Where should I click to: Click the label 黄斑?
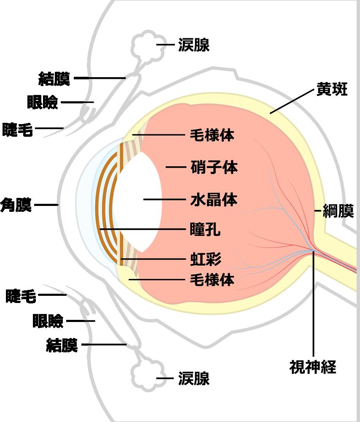[332, 89]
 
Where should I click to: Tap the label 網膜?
[338, 211]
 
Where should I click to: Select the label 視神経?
[313, 367]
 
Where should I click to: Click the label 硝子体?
[214, 167]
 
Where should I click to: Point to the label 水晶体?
[214, 200]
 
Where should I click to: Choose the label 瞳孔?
[205, 229]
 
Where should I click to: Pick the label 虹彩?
[206, 259]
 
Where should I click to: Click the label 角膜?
[16, 205]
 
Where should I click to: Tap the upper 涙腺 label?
[194, 45]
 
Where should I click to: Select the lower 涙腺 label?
[194, 379]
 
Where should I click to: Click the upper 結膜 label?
[54, 78]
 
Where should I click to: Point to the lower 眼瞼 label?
[48, 321]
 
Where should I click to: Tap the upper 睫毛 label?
[17, 130]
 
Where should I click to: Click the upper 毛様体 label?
[212, 135]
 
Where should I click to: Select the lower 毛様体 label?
[212, 280]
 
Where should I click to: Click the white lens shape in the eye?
[137, 202]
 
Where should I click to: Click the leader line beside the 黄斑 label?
[292, 101]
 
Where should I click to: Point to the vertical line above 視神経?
[313, 304]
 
